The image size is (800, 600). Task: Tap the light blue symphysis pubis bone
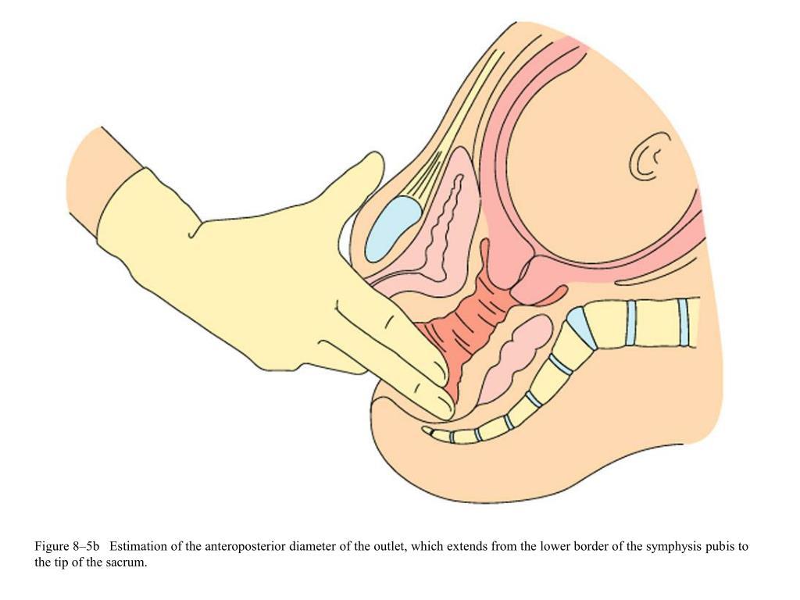coord(392,227)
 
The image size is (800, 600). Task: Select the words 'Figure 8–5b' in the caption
coord(67,547)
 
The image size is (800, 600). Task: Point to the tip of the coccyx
coord(429,430)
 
